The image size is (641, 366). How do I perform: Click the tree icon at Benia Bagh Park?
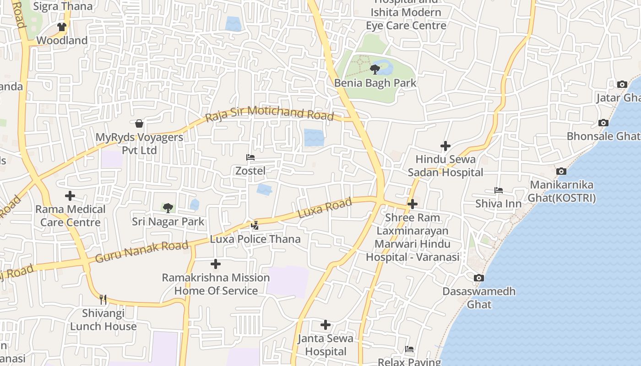tap(375, 70)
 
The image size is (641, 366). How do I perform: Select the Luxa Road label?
tap(325, 208)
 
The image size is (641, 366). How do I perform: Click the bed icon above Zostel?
tap(250, 157)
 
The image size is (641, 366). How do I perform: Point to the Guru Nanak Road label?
tap(141, 252)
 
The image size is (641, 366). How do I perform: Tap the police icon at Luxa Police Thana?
tap(255, 225)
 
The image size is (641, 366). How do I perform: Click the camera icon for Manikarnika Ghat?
tap(561, 172)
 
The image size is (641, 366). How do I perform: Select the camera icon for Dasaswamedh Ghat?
tap(478, 278)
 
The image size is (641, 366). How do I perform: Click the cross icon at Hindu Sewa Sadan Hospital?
tap(445, 146)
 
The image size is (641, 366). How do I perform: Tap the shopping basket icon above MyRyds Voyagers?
tap(139, 124)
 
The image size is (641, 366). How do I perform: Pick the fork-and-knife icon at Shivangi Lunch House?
tap(103, 300)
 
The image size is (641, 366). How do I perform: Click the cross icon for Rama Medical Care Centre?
tap(70, 196)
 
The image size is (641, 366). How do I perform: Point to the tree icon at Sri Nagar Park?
tap(168, 208)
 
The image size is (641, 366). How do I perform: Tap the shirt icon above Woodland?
tap(62, 27)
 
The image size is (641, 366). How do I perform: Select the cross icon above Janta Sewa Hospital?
tap(326, 325)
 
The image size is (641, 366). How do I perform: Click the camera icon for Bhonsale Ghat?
tap(603, 123)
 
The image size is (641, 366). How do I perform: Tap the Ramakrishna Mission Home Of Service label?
tap(216, 284)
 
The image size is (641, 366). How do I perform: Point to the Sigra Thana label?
tap(63, 6)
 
